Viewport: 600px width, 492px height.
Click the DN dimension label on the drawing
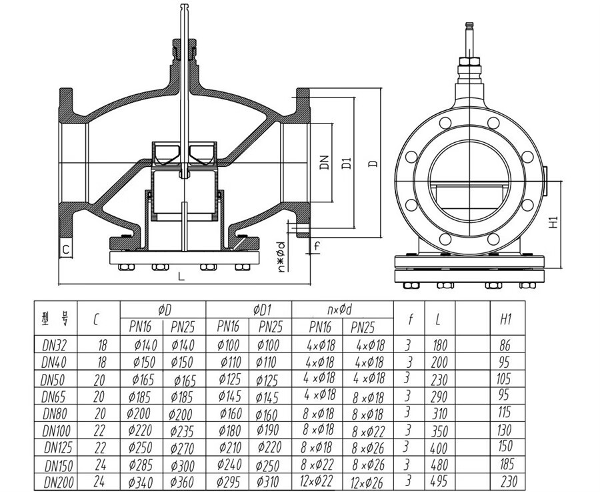pos(324,163)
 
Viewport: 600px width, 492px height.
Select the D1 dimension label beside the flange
pos(346,163)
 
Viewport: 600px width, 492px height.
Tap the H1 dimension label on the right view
pos(553,222)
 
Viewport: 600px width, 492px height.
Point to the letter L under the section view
pos(181,276)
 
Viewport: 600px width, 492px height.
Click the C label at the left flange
pos(66,250)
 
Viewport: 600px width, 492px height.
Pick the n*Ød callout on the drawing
pos(281,257)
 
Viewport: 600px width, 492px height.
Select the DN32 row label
pos(55,346)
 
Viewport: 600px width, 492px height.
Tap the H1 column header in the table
pos(505,319)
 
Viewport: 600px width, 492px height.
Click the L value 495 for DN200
pos(439,481)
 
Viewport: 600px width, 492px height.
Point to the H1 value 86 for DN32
pos(505,345)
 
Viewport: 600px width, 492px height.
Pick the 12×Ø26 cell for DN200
pos(367,482)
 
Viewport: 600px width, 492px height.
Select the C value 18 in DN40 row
pos(102,362)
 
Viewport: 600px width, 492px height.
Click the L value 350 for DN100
pos(439,431)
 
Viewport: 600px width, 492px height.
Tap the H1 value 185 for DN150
pos(507,464)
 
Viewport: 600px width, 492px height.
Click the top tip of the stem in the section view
pos(185,5)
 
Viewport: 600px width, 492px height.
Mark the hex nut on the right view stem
pos(469,62)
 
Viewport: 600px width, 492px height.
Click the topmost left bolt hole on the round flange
pos(445,123)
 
